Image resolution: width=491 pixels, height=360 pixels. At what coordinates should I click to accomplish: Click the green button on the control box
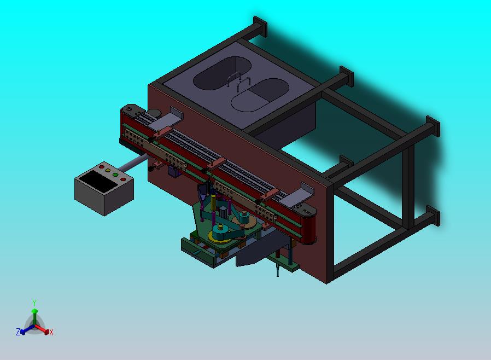(x=115, y=175)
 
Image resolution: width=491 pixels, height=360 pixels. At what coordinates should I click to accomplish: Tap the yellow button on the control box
(x=108, y=171)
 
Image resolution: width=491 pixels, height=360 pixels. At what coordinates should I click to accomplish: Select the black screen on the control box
(x=98, y=181)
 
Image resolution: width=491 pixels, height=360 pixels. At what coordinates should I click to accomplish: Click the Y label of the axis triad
(x=34, y=303)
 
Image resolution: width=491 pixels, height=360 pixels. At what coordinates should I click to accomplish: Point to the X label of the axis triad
(x=51, y=332)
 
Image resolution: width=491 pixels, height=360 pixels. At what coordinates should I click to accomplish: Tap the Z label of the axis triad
(x=18, y=332)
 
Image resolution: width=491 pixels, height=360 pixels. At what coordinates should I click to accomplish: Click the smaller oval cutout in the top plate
(x=260, y=95)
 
